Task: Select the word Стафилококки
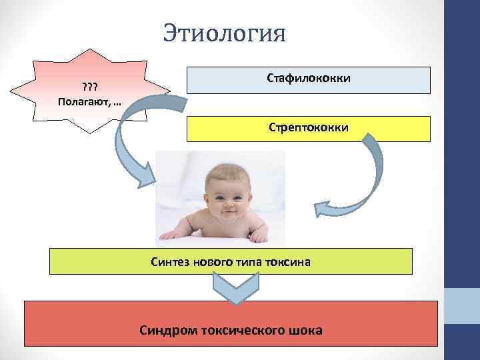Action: point(309,79)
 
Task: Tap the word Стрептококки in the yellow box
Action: point(309,127)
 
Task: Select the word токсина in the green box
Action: point(289,262)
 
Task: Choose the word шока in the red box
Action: point(307,329)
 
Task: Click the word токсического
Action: point(245,329)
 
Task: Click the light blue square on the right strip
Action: point(462,307)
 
